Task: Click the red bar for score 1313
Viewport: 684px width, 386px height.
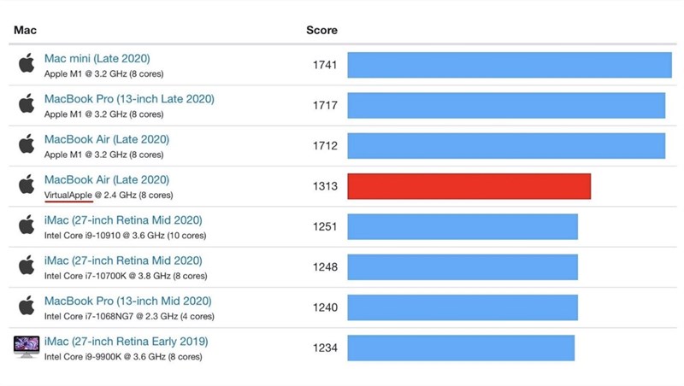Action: [x=469, y=186]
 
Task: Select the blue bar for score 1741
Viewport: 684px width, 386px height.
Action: [x=509, y=65]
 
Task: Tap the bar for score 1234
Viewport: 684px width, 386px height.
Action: [x=461, y=348]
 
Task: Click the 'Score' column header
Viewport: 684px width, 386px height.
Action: [x=321, y=30]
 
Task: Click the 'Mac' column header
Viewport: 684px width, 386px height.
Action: [x=25, y=30]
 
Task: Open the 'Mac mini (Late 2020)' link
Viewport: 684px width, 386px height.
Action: [x=97, y=58]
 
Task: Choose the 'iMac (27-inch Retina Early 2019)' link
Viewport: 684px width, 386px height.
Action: [x=126, y=342]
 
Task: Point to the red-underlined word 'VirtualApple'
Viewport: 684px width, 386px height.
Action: [x=68, y=195]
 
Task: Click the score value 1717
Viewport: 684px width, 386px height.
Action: [x=325, y=105]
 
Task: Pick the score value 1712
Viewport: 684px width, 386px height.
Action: [x=325, y=146]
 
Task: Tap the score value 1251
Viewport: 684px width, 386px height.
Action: [x=325, y=226]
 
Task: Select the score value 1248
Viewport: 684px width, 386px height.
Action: [x=325, y=267]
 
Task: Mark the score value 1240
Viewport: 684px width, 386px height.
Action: [x=325, y=307]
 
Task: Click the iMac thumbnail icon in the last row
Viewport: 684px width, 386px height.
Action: [x=27, y=347]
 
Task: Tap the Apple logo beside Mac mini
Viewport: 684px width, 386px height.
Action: [x=27, y=64]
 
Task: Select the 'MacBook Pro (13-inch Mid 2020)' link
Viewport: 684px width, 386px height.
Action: [x=128, y=301]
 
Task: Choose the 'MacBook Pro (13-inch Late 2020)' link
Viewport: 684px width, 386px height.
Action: [x=129, y=99]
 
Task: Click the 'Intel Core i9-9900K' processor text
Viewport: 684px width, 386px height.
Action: [x=85, y=356]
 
